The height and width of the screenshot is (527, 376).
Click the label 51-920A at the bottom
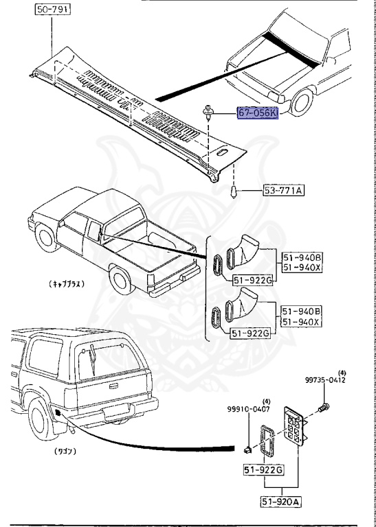[x=280, y=501]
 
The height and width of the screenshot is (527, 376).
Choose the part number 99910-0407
[x=250, y=410]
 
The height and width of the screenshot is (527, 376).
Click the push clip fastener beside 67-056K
[x=208, y=111]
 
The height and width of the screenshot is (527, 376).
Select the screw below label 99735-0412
[x=324, y=409]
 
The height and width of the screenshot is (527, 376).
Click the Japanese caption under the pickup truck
[x=66, y=283]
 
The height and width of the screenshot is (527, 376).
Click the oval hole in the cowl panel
[x=221, y=154]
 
